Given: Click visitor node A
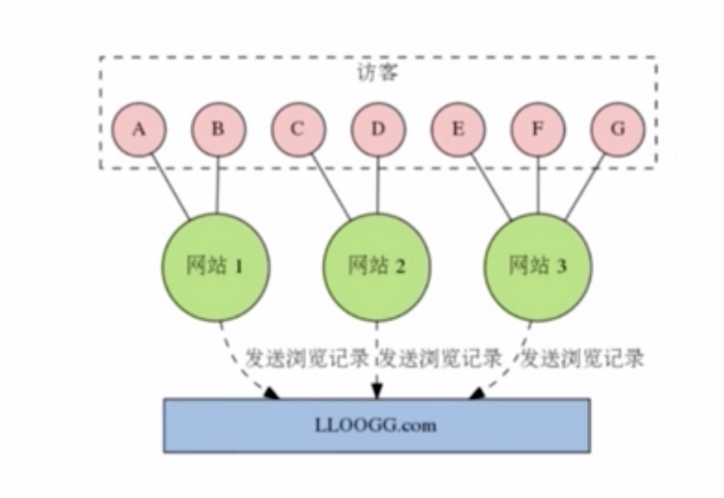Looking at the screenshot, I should (x=139, y=129).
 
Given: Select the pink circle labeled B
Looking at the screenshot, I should (x=218, y=129).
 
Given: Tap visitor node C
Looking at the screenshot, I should (x=298, y=129).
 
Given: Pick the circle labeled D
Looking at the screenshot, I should (x=378, y=129).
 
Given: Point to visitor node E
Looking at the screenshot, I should (x=458, y=129).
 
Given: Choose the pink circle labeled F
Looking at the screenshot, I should (x=537, y=129).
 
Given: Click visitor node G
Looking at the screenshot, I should (x=618, y=129).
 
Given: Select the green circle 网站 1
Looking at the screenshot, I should (x=215, y=266).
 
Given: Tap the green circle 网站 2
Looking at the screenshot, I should (x=377, y=266).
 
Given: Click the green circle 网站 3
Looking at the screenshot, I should (x=537, y=266).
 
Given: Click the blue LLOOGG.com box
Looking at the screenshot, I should (x=377, y=424).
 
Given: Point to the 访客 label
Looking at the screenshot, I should (x=377, y=74).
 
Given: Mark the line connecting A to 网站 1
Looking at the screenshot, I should (x=170, y=188).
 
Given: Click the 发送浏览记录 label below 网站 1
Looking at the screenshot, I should (x=307, y=358).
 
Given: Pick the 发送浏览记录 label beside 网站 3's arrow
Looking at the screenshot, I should (x=582, y=358).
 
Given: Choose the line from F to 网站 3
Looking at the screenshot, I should (x=537, y=184).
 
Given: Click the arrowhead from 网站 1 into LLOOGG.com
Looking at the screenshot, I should (x=272, y=393).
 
